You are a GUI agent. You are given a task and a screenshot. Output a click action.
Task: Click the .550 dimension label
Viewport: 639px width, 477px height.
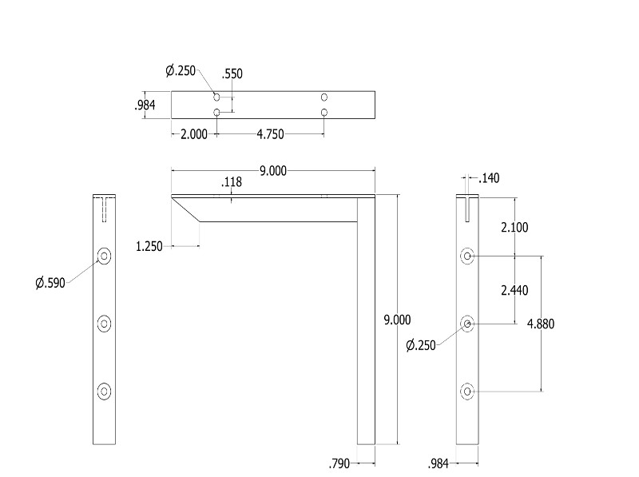click(x=232, y=74)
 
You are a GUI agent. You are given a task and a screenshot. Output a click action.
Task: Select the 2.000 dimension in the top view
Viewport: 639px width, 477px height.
click(x=194, y=134)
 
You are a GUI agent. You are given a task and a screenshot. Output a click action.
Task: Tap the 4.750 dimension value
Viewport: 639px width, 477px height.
click(x=270, y=134)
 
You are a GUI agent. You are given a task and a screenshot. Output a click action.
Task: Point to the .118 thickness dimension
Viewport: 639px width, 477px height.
click(x=232, y=182)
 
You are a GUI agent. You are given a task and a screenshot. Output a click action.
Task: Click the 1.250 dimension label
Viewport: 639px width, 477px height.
click(x=149, y=247)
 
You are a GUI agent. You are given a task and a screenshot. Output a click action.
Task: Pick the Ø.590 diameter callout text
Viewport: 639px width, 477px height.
click(x=50, y=283)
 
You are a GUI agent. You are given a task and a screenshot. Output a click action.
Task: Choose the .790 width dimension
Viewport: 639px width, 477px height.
click(x=339, y=463)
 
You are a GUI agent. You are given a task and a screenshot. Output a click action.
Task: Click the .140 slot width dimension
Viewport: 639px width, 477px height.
click(x=489, y=178)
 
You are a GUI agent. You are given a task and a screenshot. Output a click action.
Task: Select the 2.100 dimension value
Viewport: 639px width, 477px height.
click(x=514, y=227)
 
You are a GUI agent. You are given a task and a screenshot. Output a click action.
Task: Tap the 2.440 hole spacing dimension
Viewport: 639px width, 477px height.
click(x=514, y=290)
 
